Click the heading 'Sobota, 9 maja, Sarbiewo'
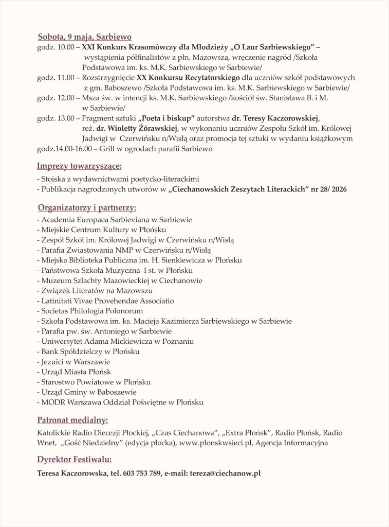[x=85, y=37]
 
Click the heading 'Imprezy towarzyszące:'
[x=79, y=166]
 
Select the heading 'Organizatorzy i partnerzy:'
[x=87, y=208]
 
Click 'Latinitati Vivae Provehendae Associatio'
[x=106, y=301]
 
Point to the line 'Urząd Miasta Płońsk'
[x=75, y=372]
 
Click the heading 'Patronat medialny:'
[x=72, y=419]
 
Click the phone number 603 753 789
[x=143, y=473]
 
